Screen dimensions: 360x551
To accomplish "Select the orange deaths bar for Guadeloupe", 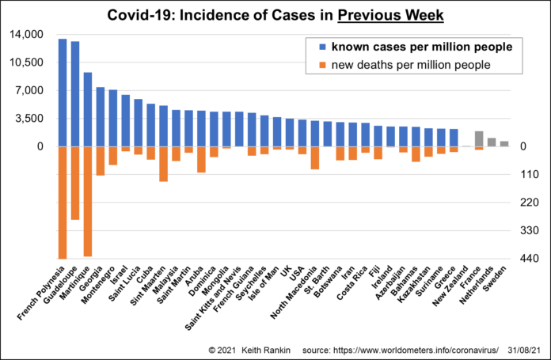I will click(75, 183).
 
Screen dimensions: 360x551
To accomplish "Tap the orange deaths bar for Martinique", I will click(88, 201).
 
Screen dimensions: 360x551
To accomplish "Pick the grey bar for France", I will click(479, 138).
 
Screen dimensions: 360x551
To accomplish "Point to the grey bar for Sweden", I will click(504, 143).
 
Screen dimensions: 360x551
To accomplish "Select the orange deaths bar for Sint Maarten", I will click(163, 164).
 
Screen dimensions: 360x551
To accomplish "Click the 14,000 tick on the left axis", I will click(28, 35).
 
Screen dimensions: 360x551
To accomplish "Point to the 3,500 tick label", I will click(32, 119).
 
